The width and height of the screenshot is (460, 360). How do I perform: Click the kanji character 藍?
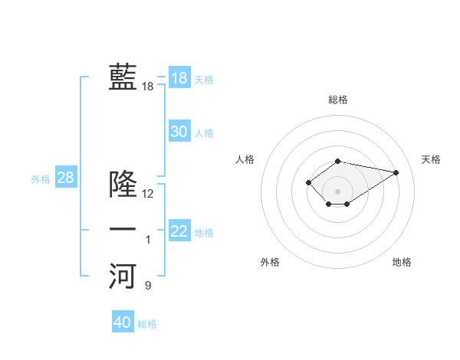pyautogui.click(x=123, y=77)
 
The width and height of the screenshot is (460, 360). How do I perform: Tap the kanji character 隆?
pyautogui.click(x=123, y=184)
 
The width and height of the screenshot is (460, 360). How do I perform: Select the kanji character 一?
pyautogui.click(x=123, y=230)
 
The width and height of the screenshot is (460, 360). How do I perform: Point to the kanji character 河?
pyautogui.click(x=123, y=276)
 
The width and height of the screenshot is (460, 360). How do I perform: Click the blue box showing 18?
pyautogui.click(x=179, y=77)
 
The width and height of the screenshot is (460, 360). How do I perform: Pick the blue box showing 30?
pyautogui.click(x=179, y=132)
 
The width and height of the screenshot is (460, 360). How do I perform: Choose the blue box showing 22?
pyautogui.click(x=179, y=231)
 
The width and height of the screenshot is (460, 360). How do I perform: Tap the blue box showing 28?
pyautogui.click(x=65, y=178)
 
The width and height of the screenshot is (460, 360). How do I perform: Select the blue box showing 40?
pyautogui.click(x=123, y=322)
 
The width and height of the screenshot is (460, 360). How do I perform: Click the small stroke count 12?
pyautogui.click(x=148, y=194)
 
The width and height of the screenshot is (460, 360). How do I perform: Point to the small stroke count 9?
pyautogui.click(x=148, y=286)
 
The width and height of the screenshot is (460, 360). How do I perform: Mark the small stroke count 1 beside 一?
pyautogui.click(x=148, y=241)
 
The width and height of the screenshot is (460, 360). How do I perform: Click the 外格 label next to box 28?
pyautogui.click(x=41, y=179)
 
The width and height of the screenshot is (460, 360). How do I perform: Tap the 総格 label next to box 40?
pyautogui.click(x=147, y=324)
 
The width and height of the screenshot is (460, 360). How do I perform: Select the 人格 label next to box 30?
pyautogui.click(x=204, y=133)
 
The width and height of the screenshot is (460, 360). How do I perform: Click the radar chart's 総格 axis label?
pyautogui.click(x=338, y=100)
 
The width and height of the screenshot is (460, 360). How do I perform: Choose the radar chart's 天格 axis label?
pyautogui.click(x=431, y=159)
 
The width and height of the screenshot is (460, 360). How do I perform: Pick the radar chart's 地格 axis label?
pyautogui.click(x=402, y=262)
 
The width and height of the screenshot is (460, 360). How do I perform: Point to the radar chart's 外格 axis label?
pyautogui.click(x=270, y=262)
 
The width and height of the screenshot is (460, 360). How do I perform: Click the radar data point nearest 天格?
pyautogui.click(x=396, y=172)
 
